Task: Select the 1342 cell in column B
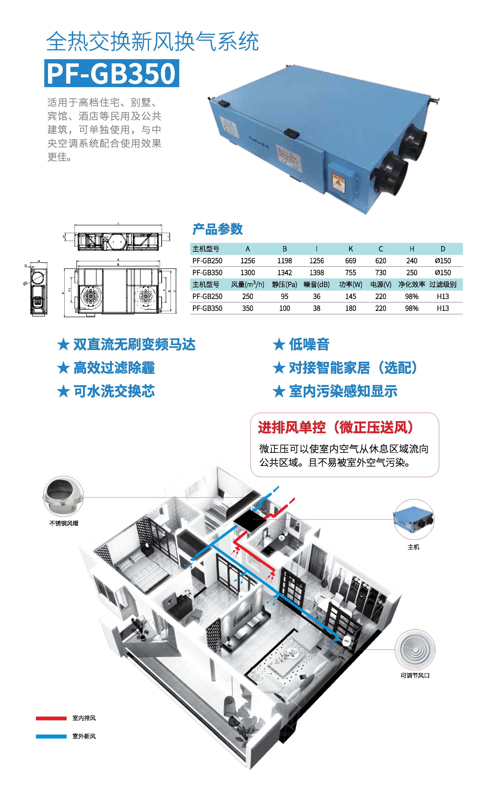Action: (x=284, y=272)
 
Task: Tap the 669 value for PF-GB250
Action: (x=350, y=261)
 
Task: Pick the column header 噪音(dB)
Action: (x=317, y=284)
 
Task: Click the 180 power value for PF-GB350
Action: (x=350, y=308)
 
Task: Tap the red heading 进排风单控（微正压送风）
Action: (x=335, y=427)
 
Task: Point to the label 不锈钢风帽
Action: (x=64, y=523)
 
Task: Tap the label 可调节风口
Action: (x=415, y=676)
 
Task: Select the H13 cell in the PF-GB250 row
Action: (x=443, y=296)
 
